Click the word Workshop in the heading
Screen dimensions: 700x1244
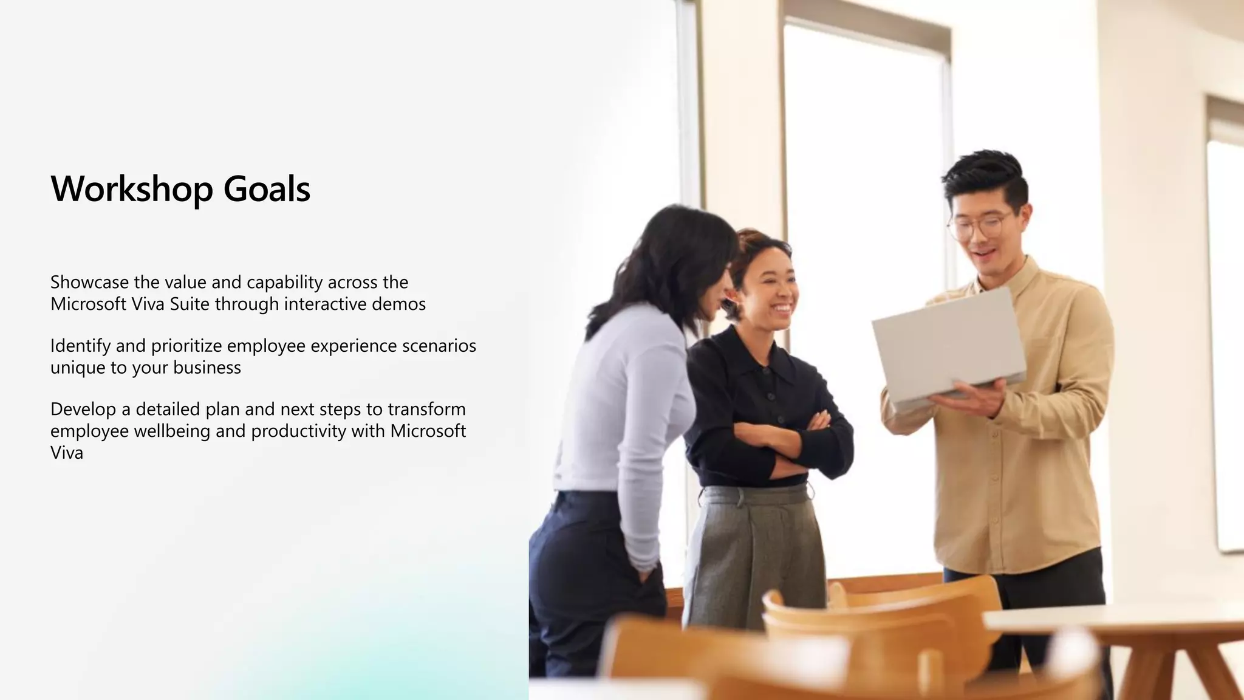point(132,189)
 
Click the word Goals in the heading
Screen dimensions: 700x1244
point(267,189)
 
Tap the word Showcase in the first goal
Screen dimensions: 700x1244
point(89,282)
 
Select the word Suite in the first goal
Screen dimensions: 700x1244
point(190,304)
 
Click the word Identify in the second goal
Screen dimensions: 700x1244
point(80,346)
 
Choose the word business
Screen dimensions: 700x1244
point(207,368)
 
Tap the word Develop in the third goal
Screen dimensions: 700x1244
point(83,409)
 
